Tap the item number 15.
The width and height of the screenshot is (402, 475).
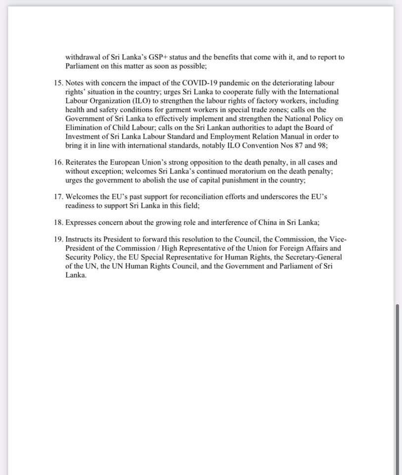click(58, 83)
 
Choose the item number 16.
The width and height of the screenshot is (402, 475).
click(58, 162)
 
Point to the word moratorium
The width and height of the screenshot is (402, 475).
click(248, 171)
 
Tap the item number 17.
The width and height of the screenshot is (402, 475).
click(58, 196)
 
